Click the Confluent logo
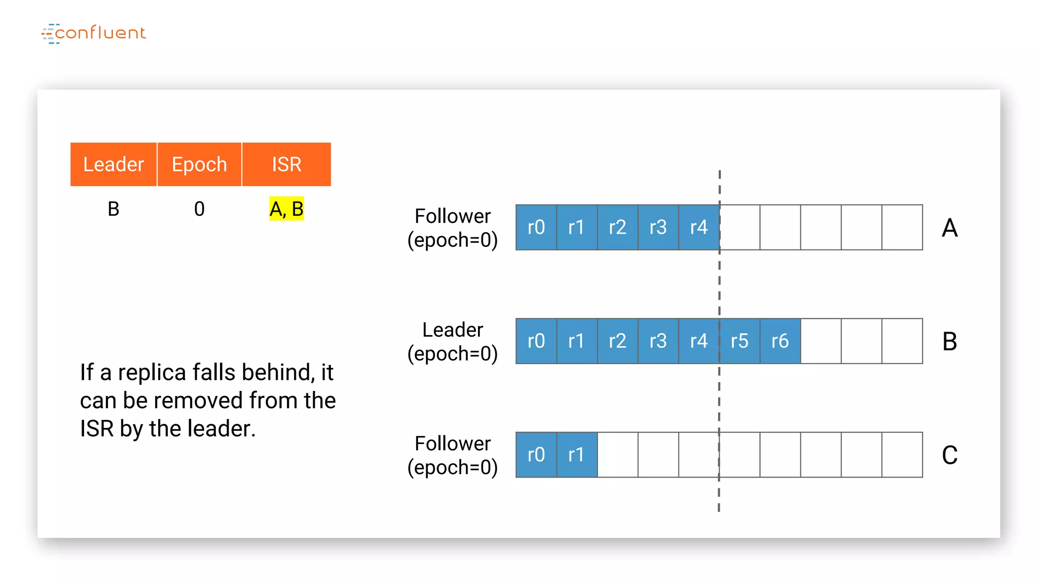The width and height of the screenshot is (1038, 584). [x=94, y=33]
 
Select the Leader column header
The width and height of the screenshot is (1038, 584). [x=114, y=164]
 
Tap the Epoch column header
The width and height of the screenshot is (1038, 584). [x=199, y=164]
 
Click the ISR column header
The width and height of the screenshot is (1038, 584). [x=286, y=164]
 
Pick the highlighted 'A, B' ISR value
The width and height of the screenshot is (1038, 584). [x=286, y=209]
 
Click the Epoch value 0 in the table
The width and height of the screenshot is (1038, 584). [x=199, y=209]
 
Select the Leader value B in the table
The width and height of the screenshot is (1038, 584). [x=114, y=209]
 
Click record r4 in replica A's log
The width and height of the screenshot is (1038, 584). [x=698, y=227]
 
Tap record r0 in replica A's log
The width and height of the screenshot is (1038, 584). [x=536, y=227]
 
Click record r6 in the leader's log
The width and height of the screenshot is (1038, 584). [x=780, y=341]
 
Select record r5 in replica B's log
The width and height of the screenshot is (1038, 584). [x=739, y=341]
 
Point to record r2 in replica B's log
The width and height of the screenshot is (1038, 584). [x=617, y=341]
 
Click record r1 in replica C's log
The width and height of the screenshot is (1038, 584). [x=577, y=455]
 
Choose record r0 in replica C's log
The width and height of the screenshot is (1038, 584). [x=536, y=455]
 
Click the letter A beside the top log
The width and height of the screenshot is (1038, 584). [x=950, y=228]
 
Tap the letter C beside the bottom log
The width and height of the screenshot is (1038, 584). [x=950, y=455]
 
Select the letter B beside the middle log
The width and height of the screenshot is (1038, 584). [x=950, y=342]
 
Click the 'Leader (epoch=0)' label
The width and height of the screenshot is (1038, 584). [x=453, y=341]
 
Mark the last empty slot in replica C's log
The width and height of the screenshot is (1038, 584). [x=902, y=455]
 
